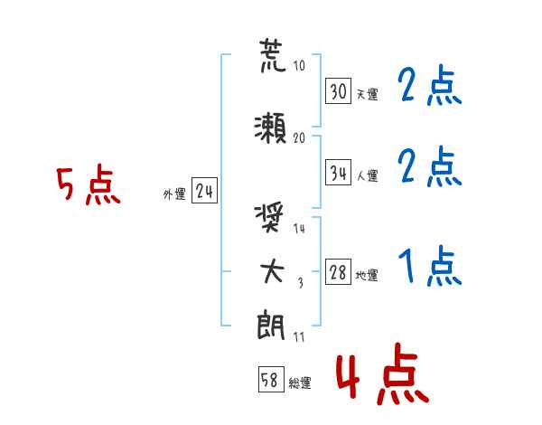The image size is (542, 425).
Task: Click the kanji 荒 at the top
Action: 273,56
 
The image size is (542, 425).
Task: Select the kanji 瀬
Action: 271,128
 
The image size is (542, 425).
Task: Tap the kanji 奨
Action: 269,218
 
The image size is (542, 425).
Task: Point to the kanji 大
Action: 272,271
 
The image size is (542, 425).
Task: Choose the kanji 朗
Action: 271,326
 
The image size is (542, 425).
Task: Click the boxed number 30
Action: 339,91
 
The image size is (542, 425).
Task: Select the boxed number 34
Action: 339,173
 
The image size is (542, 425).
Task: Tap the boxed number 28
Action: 339,271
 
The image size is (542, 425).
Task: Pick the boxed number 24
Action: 204,191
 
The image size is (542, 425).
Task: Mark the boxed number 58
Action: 271,379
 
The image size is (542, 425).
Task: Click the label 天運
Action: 368,94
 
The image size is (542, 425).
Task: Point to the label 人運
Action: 368,175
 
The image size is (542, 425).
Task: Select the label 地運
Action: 367,276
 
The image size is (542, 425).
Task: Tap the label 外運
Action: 174,194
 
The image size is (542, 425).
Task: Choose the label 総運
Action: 300,383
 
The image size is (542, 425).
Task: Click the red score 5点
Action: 89,184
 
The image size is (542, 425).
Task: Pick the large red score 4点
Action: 383,374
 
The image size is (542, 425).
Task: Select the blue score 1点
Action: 430,266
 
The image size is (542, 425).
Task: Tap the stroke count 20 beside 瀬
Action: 299,138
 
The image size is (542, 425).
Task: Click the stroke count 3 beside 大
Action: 301,283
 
